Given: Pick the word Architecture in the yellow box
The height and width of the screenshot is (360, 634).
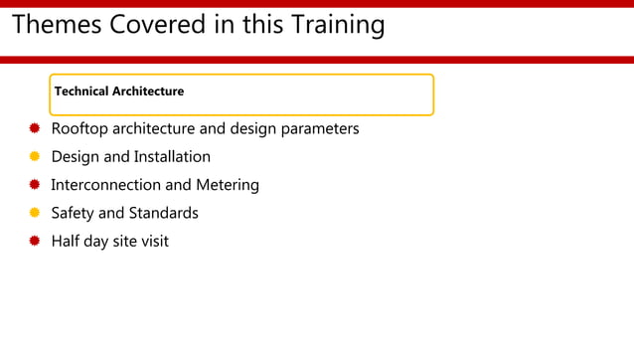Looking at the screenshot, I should coord(148,91).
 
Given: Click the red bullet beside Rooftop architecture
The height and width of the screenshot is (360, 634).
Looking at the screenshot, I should coord(34,128).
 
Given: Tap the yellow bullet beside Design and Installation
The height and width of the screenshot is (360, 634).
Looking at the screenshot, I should coord(34,156).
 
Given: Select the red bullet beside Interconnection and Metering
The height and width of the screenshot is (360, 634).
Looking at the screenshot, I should coord(34,185).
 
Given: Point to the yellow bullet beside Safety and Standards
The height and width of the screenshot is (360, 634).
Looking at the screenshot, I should coord(34,213).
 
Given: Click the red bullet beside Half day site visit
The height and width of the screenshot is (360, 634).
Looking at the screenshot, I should coord(34,241).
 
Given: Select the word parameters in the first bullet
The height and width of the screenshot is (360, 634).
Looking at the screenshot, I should coord(317,129).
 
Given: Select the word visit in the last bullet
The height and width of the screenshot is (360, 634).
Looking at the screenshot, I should coord(154,241).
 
